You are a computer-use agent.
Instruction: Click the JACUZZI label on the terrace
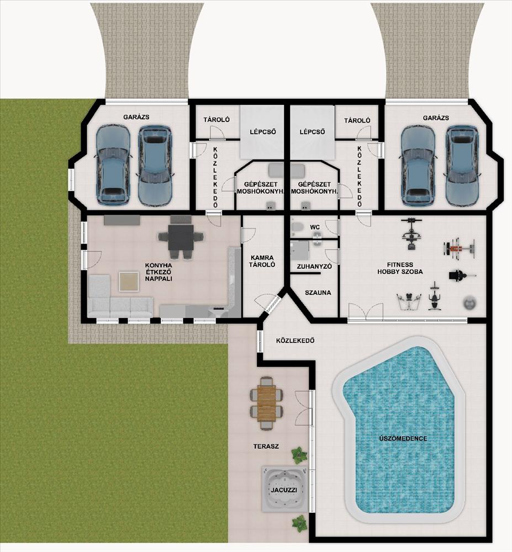point(284,490)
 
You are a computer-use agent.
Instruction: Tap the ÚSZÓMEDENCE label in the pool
point(403,439)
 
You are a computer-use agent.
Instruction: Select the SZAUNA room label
point(318,293)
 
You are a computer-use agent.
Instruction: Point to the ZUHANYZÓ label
point(314,267)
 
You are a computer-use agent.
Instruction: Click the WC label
point(315,227)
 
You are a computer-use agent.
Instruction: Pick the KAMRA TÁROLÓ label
point(262,261)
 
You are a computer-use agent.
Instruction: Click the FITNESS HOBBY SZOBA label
point(400,268)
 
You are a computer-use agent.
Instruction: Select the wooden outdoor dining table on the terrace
point(267,403)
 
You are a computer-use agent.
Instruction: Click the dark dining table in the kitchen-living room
point(181,237)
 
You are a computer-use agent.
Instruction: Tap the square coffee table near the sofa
point(129,282)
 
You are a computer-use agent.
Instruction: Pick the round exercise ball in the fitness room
point(469,302)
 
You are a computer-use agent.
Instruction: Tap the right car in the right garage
point(462,166)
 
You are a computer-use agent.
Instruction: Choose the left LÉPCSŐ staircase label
point(263,132)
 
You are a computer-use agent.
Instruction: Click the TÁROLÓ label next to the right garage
point(357,120)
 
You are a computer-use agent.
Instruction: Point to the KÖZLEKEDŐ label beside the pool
point(295,341)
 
